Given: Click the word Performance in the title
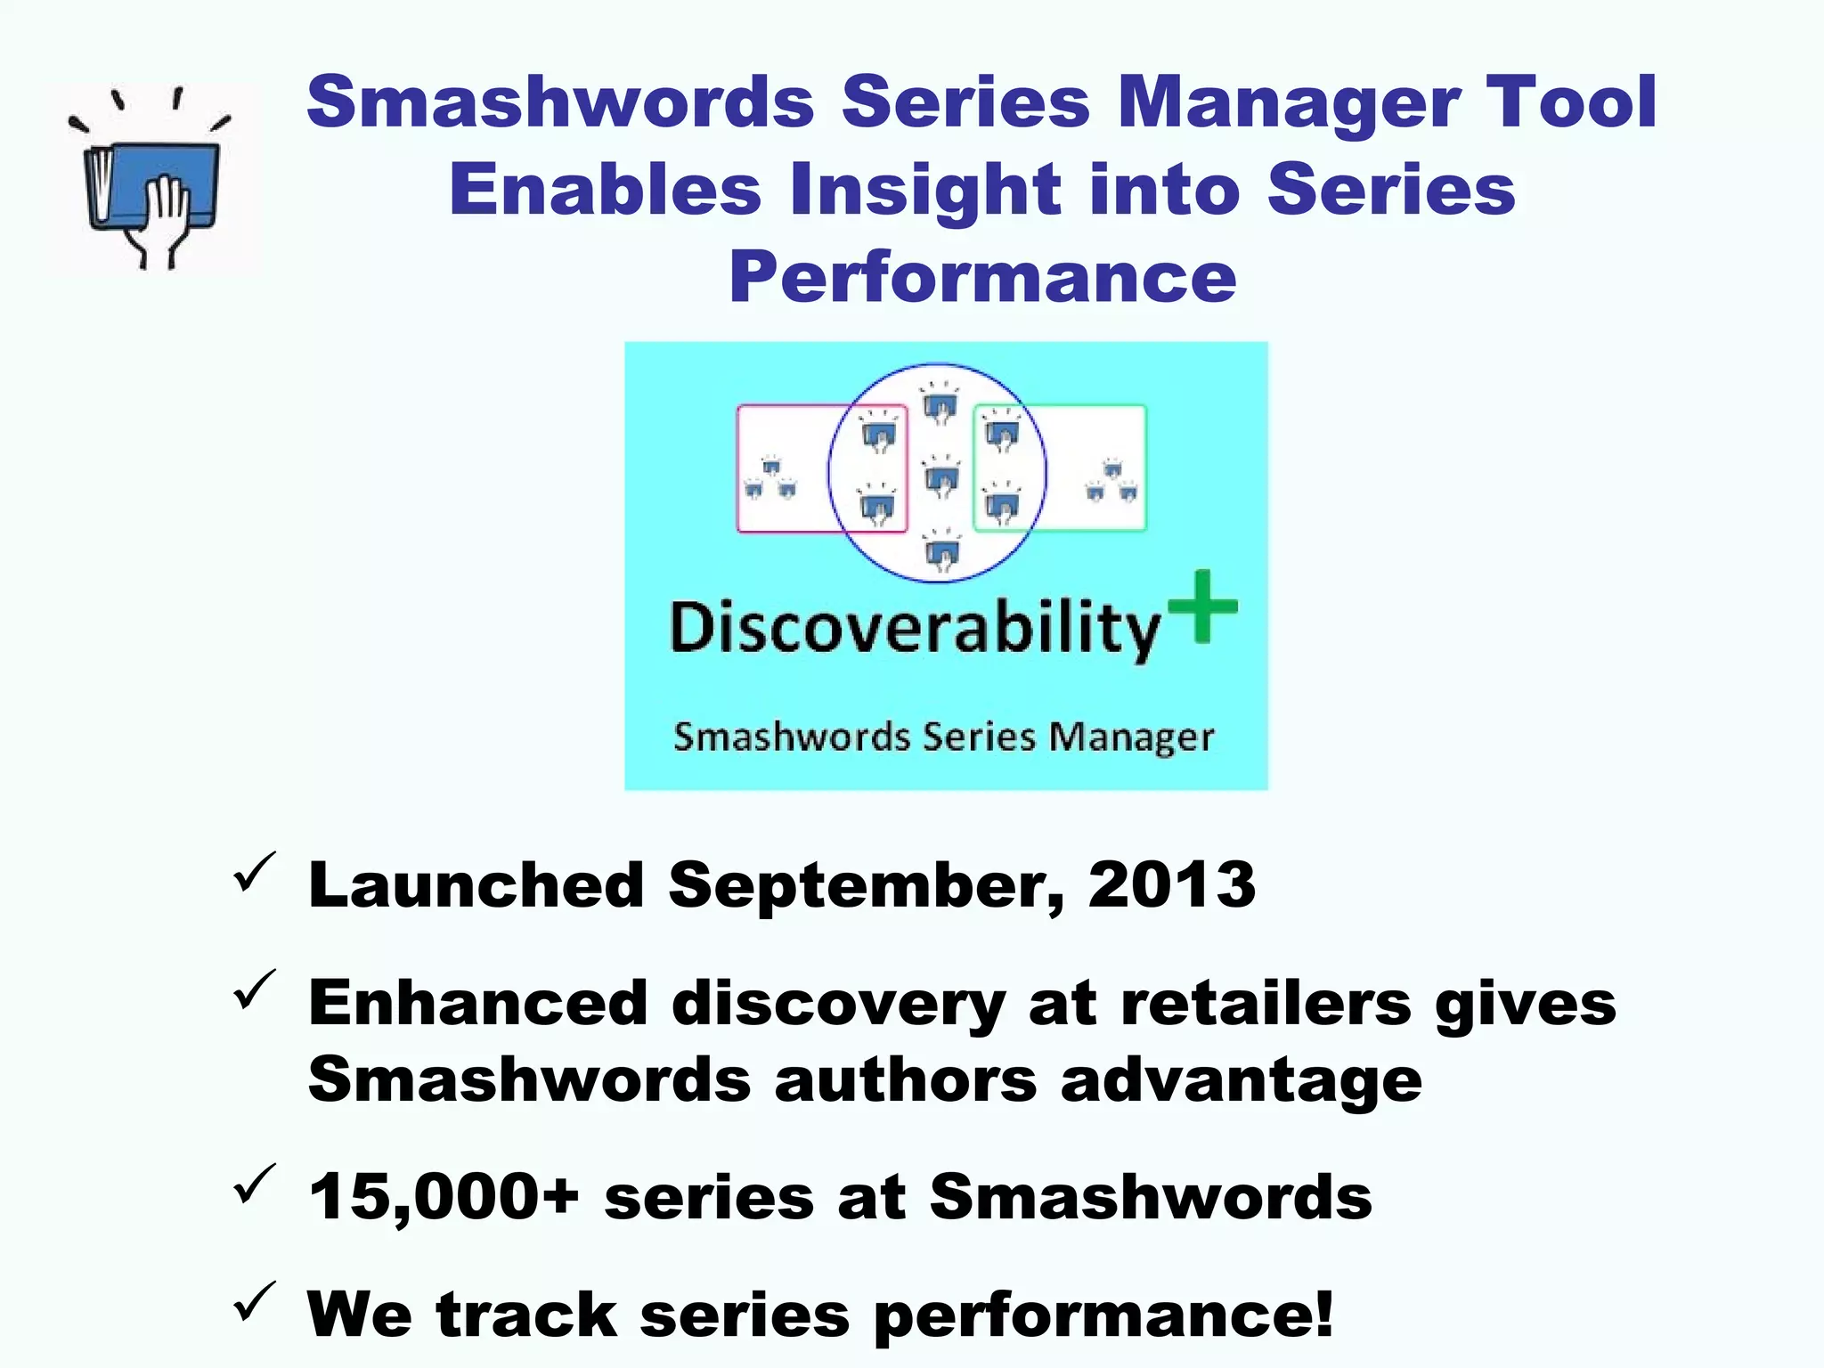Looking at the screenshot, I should [982, 277].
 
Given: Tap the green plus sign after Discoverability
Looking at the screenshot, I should [1202, 607].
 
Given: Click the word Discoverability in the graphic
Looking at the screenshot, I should [915, 628].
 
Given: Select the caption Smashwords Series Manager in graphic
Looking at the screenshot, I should [943, 737].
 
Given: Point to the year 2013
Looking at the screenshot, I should [1171, 885].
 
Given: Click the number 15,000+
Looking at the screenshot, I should [444, 1197].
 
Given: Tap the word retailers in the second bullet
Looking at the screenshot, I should [1266, 1004].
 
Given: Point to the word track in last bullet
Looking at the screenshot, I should [525, 1315].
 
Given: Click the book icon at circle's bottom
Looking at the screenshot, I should [940, 550].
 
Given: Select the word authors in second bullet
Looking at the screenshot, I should [905, 1080].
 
